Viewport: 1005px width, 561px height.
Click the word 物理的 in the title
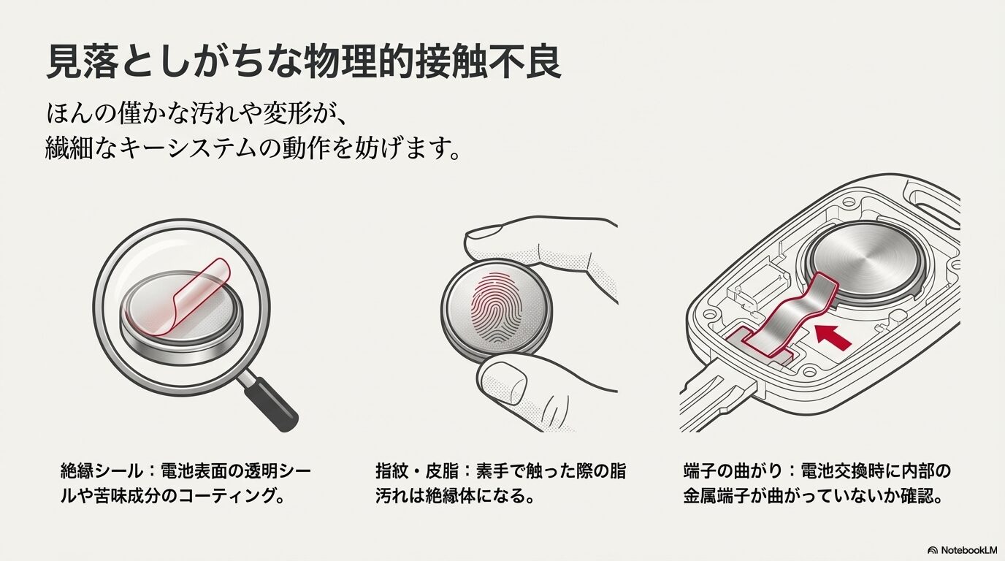tap(370, 62)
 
